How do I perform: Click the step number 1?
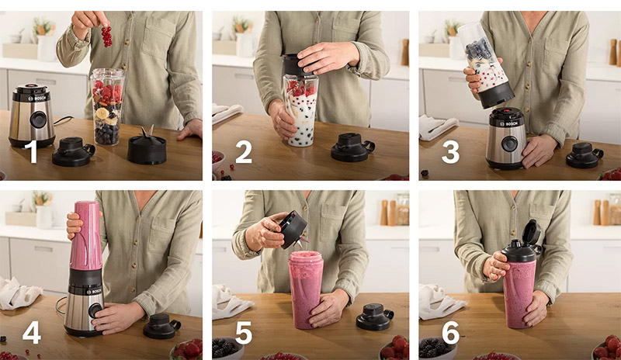click(x=32, y=152)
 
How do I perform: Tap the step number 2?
click(x=243, y=152)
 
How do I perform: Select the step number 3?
click(x=450, y=152)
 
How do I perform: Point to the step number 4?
click(x=32, y=331)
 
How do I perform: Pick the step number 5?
click(x=243, y=331)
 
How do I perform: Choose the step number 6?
click(x=450, y=331)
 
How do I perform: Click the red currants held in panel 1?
click(x=106, y=35)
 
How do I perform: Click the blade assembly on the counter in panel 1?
click(x=147, y=147)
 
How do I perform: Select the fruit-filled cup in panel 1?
click(x=107, y=107)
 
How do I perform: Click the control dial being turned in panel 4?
click(x=94, y=310)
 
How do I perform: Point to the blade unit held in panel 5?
click(x=294, y=230)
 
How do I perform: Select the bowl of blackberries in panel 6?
click(x=438, y=348)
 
